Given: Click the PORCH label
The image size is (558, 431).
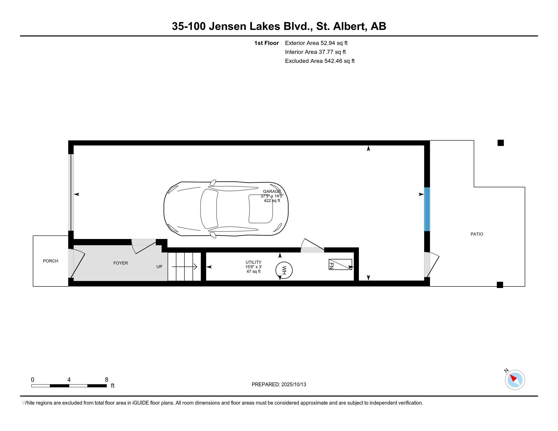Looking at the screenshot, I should tap(50, 261).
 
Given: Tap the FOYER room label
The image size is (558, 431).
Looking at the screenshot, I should tap(120, 263).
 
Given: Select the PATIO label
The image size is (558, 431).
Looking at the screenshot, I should tap(477, 234).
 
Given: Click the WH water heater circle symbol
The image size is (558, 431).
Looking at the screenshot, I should tap(284, 270).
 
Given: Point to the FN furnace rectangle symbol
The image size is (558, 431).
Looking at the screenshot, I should tap(340, 264).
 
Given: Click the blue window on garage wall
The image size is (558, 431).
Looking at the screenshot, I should tap(427, 209).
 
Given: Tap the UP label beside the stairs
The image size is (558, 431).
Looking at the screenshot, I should tap(159, 266).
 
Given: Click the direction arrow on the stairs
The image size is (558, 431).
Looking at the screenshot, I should tap(184, 267).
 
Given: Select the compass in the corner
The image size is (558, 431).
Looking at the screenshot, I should tap(515, 380).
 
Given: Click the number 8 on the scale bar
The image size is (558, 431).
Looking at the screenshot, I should tap(107, 380).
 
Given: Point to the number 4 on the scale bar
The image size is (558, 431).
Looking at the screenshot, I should tap(69, 380).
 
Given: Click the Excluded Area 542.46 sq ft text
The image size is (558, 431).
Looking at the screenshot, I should tap(320, 61).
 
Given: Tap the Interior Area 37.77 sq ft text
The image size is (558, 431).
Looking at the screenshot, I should tap(315, 52).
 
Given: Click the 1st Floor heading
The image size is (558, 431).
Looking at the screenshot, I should tap(266, 43).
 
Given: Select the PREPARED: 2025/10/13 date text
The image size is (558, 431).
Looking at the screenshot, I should tap(279, 385).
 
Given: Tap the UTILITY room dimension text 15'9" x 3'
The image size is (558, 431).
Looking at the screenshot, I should tap(253, 267).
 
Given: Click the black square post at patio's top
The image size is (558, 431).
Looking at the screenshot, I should tap(500, 143).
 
